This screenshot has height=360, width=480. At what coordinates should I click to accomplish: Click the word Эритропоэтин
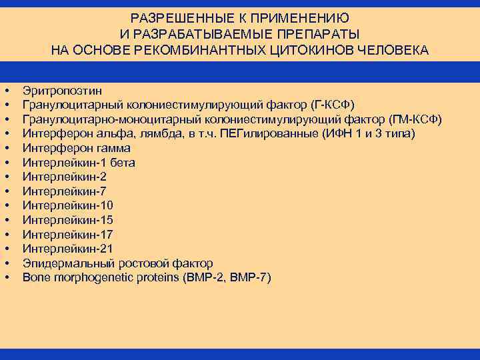(63, 91)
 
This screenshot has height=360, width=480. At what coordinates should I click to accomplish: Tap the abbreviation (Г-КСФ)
(332, 105)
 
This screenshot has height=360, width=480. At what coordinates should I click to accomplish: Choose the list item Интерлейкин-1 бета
(79, 163)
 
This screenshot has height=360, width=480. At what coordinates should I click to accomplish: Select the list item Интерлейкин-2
(64, 177)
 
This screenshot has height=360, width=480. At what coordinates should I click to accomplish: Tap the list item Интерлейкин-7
(64, 191)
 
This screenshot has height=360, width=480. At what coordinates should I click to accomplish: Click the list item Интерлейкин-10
(67, 205)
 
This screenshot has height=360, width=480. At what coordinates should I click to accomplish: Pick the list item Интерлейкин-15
(67, 220)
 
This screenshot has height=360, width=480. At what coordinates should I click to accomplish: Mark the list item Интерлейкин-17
(67, 234)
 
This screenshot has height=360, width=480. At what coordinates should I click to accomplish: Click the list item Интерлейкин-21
(67, 249)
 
